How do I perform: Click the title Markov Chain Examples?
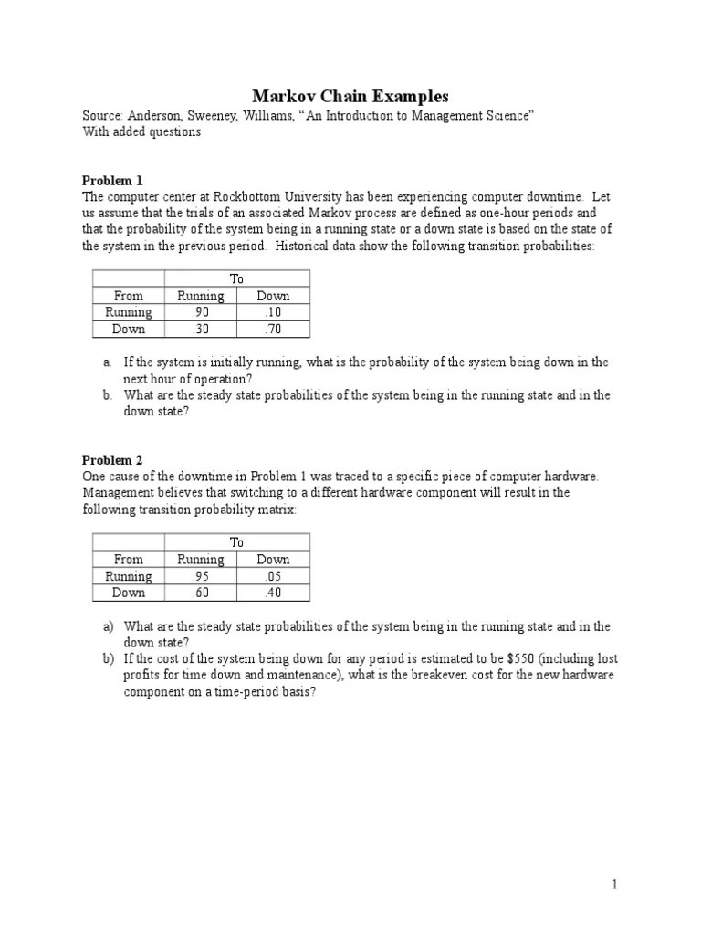[350, 97]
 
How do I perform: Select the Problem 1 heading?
[112, 180]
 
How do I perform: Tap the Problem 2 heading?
[112, 460]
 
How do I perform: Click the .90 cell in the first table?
[200, 312]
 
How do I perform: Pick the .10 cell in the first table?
[273, 312]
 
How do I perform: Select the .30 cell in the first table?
[200, 330]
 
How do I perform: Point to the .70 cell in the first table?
[273, 330]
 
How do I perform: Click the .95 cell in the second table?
[200, 576]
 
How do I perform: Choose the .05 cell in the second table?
[273, 576]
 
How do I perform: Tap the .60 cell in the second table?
[200, 593]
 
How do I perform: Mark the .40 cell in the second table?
[273, 593]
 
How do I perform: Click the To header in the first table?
[236, 278]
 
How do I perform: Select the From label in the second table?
[129, 559]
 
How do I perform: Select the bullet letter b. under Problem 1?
[107, 395]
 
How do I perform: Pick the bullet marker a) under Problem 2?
[108, 626]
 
